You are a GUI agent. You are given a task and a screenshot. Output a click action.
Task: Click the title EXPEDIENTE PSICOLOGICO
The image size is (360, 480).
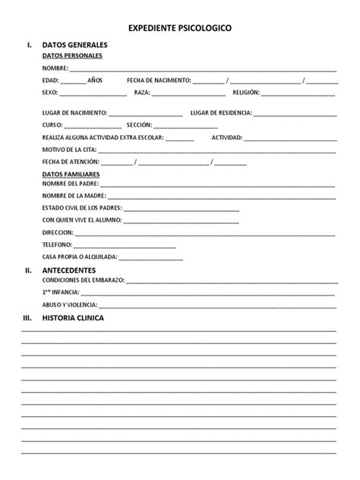(x=180, y=28)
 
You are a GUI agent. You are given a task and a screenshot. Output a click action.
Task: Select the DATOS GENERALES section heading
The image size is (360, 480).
(x=74, y=46)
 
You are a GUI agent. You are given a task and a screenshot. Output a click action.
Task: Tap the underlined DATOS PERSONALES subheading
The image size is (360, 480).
(x=72, y=55)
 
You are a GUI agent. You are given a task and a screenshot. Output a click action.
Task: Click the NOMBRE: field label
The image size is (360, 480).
(x=55, y=68)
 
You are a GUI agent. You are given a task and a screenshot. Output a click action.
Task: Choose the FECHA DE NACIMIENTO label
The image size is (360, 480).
(x=159, y=80)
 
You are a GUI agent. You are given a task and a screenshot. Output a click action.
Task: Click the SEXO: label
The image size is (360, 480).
(x=50, y=92)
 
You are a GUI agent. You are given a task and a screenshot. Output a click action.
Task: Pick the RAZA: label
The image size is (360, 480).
(x=142, y=92)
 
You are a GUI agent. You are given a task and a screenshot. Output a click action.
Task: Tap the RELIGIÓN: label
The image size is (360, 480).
(x=245, y=92)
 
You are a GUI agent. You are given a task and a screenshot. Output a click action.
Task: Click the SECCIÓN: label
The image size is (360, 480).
(x=139, y=125)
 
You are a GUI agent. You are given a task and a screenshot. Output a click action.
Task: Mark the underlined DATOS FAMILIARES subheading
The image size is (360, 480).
(x=71, y=174)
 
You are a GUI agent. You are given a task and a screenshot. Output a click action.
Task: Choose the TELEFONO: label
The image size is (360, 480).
(x=58, y=245)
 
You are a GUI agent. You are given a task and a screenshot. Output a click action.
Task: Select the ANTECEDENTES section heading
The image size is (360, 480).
(x=69, y=270)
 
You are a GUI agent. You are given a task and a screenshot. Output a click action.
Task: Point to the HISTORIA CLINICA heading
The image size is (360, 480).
(x=74, y=318)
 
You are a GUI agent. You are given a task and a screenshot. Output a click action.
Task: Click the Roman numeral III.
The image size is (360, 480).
(x=29, y=318)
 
